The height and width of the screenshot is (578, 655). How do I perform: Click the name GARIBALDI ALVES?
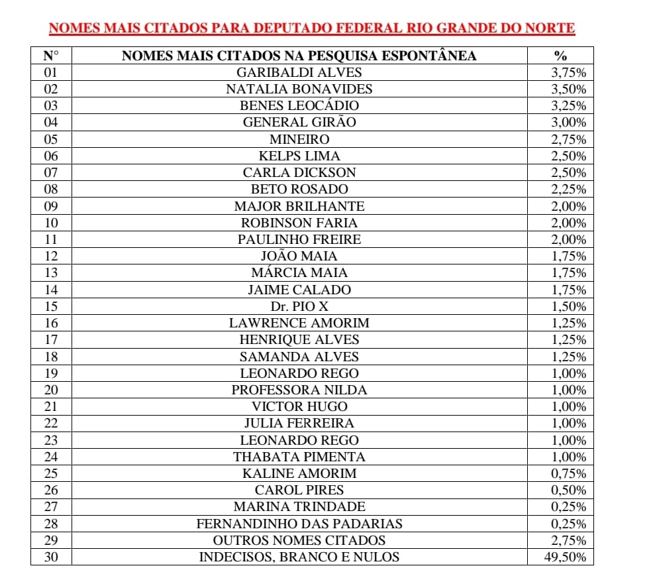pos(299,72)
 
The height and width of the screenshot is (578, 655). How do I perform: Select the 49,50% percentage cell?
pos(564,557)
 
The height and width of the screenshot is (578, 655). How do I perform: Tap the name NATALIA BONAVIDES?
pos(299,89)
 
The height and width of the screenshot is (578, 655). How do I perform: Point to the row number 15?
pos(51,306)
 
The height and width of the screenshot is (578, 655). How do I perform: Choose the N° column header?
pos(51,56)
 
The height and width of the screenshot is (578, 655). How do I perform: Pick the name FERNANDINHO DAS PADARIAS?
pos(299,524)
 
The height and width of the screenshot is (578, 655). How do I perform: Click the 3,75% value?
pos(568,72)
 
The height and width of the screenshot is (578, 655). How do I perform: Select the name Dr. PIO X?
pos(299,306)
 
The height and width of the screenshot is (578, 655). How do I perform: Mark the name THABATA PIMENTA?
pos(299,457)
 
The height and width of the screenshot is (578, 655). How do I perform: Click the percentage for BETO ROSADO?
pos(568,189)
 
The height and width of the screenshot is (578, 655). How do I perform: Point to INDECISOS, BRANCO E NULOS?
pos(299,557)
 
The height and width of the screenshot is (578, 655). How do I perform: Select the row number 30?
pos(51,557)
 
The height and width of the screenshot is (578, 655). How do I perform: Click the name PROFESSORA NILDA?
pos(299,390)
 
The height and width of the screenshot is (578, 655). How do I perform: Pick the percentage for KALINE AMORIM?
pos(568,473)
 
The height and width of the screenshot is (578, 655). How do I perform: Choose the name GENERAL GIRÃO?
pos(299,122)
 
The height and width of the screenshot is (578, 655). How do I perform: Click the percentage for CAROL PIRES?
pos(568,490)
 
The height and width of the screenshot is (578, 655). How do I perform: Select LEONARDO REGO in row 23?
pos(299,440)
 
